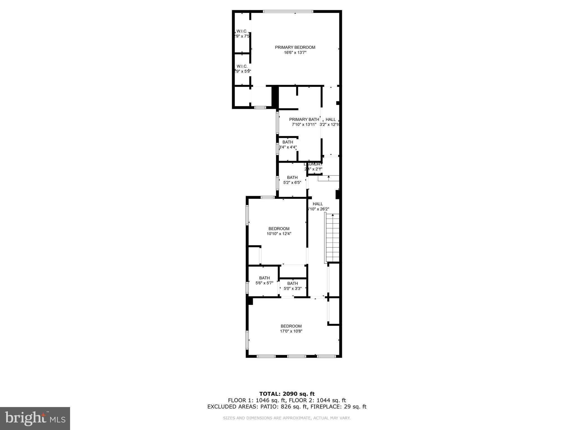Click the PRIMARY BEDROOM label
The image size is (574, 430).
[295, 47]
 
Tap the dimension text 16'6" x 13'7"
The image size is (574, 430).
[295, 52]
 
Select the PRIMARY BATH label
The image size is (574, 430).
[304, 120]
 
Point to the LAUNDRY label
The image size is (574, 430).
[313, 164]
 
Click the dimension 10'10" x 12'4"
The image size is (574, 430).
[279, 234]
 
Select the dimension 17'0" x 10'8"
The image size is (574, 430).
[291, 331]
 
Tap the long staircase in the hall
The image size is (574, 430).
[332, 238]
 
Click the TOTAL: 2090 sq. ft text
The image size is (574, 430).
[287, 394]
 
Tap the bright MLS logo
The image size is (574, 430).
[35, 418]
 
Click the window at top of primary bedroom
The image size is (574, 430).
[288, 11]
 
